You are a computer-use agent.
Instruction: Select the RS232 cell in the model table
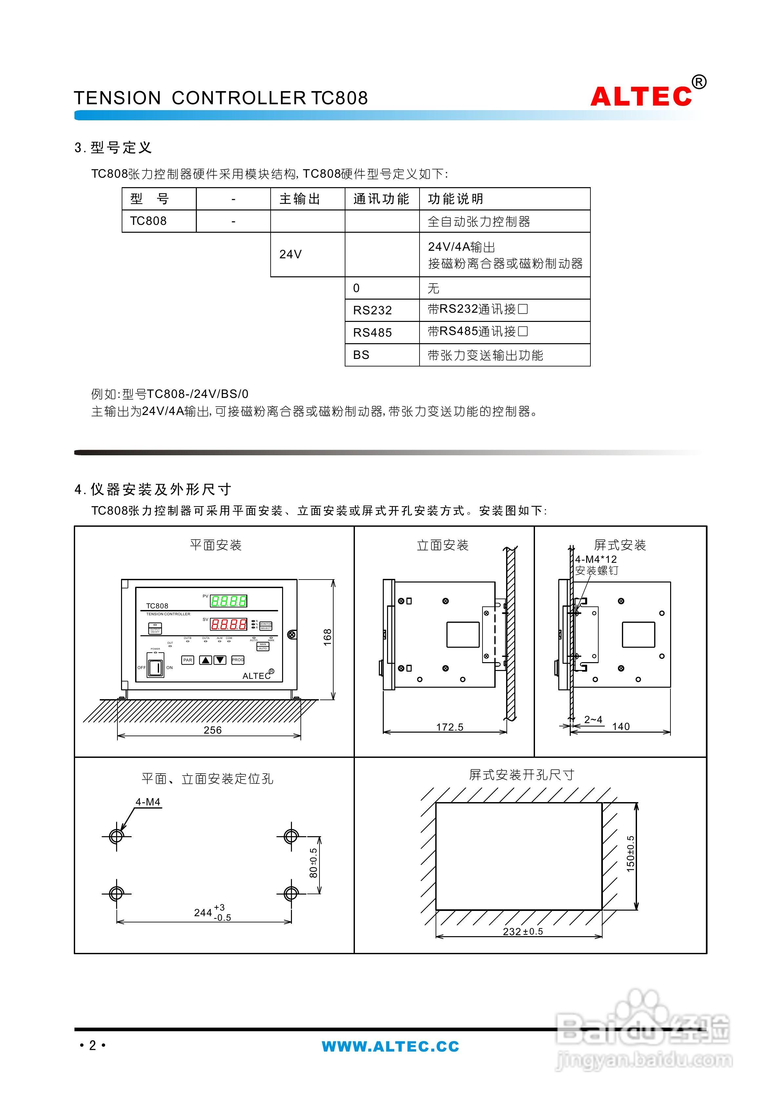(x=372, y=310)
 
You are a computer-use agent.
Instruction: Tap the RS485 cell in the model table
(x=372, y=332)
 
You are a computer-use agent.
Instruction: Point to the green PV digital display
(x=229, y=601)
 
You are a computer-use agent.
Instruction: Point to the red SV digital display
(x=229, y=624)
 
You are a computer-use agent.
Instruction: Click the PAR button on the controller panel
(x=188, y=660)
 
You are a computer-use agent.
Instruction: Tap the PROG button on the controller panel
(x=238, y=660)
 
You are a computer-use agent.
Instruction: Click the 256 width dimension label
(x=212, y=730)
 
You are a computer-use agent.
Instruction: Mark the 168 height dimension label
(x=328, y=638)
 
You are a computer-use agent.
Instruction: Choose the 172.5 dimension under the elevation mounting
(x=449, y=727)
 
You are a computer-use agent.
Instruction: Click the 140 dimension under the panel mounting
(x=621, y=726)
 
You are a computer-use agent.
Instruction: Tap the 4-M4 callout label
(x=148, y=802)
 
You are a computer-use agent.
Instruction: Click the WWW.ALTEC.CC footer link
(x=390, y=1046)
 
